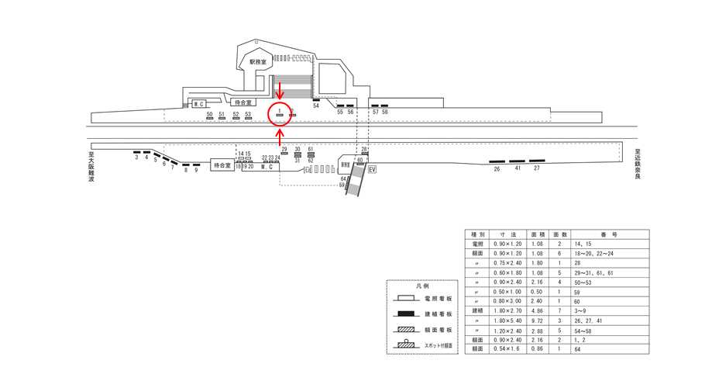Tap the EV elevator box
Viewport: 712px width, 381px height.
pyautogui.click(x=372, y=168)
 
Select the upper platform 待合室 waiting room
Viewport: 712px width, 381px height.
pyautogui.click(x=243, y=102)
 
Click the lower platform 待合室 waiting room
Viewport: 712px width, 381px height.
pyautogui.click(x=222, y=165)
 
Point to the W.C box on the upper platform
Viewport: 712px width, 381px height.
pyautogui.click(x=198, y=104)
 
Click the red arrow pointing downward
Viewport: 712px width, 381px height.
pyautogui.click(x=279, y=92)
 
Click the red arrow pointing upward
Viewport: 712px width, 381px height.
pyautogui.click(x=279, y=137)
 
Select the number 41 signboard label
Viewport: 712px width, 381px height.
pyautogui.click(x=518, y=168)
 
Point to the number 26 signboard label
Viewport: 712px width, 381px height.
pyautogui.click(x=497, y=168)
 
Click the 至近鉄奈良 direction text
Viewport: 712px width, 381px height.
pyautogui.click(x=638, y=164)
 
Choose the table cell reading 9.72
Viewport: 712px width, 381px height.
pyautogui.click(x=537, y=320)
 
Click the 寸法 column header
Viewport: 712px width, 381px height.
pyautogui.click(x=509, y=234)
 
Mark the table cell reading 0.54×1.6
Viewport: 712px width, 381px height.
pyautogui.click(x=509, y=350)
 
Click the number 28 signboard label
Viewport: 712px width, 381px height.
pyautogui.click(x=364, y=149)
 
